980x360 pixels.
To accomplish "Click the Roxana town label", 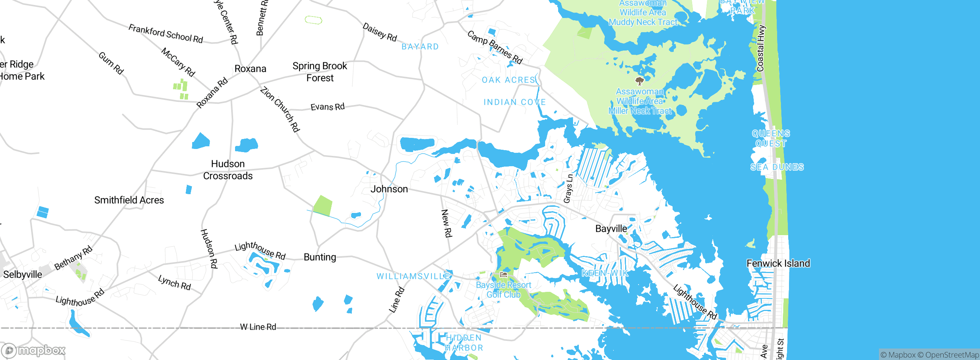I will pyautogui.click(x=250, y=69).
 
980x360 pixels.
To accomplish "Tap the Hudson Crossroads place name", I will pyautogui.click(x=228, y=170).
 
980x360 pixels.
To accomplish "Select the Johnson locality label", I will pyautogui.click(x=389, y=189).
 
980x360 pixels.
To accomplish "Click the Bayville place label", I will pyautogui.click(x=611, y=229).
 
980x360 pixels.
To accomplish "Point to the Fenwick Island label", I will pyautogui.click(x=778, y=263).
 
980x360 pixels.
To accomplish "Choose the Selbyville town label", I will pyautogui.click(x=23, y=274).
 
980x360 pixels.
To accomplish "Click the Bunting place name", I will pyautogui.click(x=320, y=257).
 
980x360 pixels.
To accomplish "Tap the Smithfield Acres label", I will pyautogui.click(x=129, y=200).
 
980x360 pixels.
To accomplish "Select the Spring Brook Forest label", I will pyautogui.click(x=320, y=72).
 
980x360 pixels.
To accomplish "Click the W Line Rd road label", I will pyautogui.click(x=258, y=327).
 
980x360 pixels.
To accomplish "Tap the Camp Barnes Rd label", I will pyautogui.click(x=495, y=47).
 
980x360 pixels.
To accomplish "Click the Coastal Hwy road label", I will pyautogui.click(x=761, y=48).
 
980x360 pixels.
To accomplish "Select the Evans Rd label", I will pyautogui.click(x=327, y=106).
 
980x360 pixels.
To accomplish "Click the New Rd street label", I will pyautogui.click(x=446, y=223).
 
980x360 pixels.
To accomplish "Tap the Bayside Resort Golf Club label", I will pyautogui.click(x=503, y=290).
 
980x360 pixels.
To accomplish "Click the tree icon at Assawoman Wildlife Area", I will pyautogui.click(x=639, y=81).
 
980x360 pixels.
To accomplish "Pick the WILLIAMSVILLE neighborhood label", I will pyautogui.click(x=413, y=276).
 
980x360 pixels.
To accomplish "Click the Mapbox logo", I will pyautogui.click(x=34, y=350).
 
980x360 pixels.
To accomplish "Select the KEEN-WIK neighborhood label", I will pyautogui.click(x=604, y=273).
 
